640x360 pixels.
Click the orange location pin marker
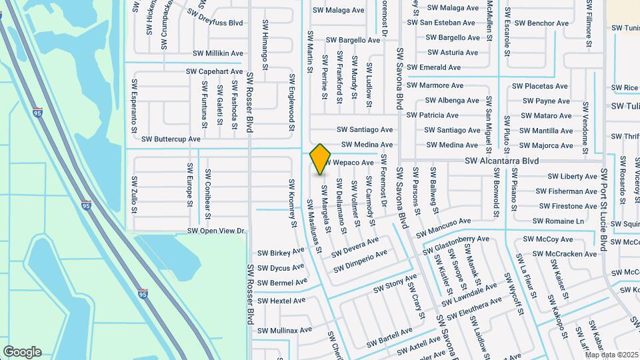321,159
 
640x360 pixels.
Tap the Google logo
22,351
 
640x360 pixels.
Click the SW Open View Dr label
217,231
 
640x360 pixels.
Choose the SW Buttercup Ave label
171,139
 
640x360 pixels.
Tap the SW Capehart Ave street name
214,71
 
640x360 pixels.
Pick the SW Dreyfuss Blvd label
215,17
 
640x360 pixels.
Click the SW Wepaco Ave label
349,163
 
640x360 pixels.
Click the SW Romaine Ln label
558,221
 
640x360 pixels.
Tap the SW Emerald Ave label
434,67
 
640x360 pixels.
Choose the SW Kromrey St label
292,203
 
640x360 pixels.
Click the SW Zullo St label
135,194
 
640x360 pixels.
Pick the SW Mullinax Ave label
285,330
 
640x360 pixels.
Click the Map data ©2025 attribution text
611,354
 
